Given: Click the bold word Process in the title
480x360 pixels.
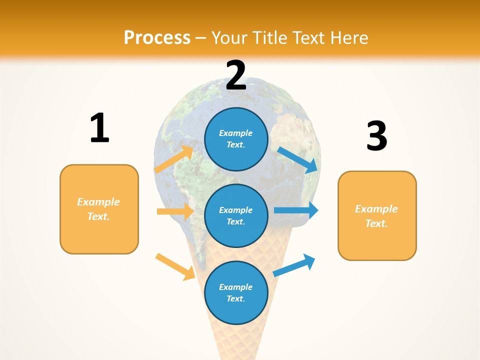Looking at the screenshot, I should tap(157, 37).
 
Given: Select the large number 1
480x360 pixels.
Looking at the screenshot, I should tap(99, 128).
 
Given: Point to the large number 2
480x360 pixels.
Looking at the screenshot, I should tap(236, 75).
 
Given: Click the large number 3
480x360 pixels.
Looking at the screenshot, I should tap(376, 136).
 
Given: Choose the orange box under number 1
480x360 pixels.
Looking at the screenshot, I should tap(99, 209).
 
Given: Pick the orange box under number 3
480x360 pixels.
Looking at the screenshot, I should tap(377, 215).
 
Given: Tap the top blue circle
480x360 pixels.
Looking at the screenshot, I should tap(236, 138).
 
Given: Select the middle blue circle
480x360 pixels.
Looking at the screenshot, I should tap(236, 215).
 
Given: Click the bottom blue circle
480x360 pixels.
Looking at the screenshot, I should tap(236, 292).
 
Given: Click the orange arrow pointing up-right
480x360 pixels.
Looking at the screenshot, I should tap(174, 159).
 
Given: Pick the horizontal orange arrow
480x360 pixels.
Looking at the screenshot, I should tap(175, 211).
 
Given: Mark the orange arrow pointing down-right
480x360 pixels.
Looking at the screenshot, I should tap(175, 266).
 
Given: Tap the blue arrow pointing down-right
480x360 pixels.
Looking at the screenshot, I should tap(298, 159).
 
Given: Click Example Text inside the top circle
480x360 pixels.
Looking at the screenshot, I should tap(236, 138).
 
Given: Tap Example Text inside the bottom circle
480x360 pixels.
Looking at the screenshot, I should tap(236, 292).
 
